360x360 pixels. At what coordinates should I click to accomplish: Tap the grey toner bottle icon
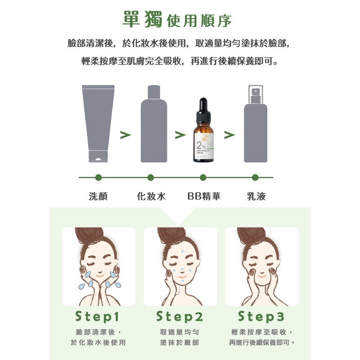point(154,124)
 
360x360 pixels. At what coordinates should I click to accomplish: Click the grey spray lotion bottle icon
point(255,126)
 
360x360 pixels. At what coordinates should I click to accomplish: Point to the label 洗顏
point(98,196)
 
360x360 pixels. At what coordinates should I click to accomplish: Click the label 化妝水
point(151,196)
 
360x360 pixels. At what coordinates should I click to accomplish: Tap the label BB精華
point(204,196)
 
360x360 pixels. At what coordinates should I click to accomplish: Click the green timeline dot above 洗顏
point(98,177)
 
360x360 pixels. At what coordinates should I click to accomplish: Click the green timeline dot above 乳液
point(255,177)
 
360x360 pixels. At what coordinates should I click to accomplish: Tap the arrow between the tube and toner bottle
point(126,135)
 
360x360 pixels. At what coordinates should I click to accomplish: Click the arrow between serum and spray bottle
point(229,135)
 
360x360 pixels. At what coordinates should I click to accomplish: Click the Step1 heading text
point(98,317)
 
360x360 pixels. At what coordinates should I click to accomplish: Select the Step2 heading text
point(180,317)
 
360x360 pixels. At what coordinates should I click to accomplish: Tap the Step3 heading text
point(261,317)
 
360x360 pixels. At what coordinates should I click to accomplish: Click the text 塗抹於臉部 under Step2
point(180,342)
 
